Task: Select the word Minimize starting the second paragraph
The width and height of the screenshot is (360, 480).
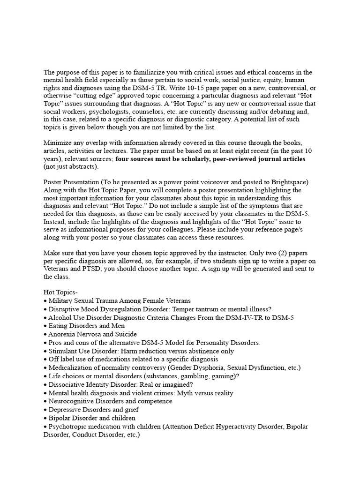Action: click(x=59, y=142)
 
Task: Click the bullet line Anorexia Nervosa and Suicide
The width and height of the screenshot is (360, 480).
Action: click(x=92, y=334)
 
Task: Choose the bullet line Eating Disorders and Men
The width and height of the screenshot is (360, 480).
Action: click(x=86, y=326)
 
